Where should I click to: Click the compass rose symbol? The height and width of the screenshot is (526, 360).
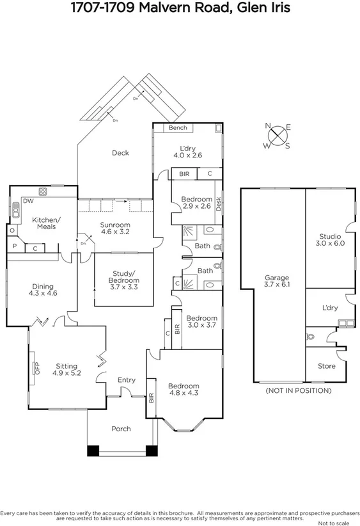click(278, 136)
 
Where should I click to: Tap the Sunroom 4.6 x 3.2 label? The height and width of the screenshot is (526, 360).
click(115, 228)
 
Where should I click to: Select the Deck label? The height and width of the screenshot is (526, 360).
click(120, 152)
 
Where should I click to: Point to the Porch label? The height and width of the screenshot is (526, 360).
click(121, 429)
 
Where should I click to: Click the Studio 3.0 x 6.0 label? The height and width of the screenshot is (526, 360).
click(330, 239)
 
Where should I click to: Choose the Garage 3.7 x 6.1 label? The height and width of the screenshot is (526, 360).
click(277, 280)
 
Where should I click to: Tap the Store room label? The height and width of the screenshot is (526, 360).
click(326, 366)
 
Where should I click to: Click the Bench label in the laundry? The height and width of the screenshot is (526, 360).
click(178, 128)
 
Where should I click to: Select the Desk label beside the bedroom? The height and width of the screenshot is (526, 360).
click(219, 204)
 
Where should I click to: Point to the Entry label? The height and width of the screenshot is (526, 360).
click(126, 379)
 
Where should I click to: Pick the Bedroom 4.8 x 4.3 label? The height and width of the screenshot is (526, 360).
click(184, 390)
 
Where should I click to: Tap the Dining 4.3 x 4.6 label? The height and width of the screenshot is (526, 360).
click(43, 290)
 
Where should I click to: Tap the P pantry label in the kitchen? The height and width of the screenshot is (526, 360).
click(15, 246)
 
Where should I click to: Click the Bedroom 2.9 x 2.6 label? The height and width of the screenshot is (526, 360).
click(196, 202)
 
